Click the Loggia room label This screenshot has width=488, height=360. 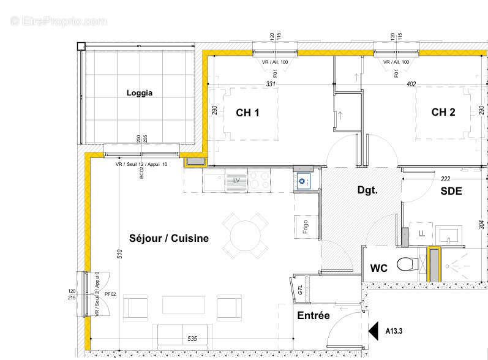(x=140, y=93)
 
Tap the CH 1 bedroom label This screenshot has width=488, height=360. (x=248, y=112)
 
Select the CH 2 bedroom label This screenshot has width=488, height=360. (x=443, y=112)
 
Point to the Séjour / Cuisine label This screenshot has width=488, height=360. (x=169, y=238)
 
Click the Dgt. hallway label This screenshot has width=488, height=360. (x=367, y=190)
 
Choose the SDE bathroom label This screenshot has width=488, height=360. (x=451, y=191)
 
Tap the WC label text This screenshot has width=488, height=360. (x=380, y=268)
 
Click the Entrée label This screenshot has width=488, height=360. (x=313, y=315)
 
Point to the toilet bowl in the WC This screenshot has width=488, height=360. (x=407, y=264)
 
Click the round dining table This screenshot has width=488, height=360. (x=245, y=235)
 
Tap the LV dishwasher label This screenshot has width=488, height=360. (x=236, y=180)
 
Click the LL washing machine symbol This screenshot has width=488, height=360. (x=421, y=233)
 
